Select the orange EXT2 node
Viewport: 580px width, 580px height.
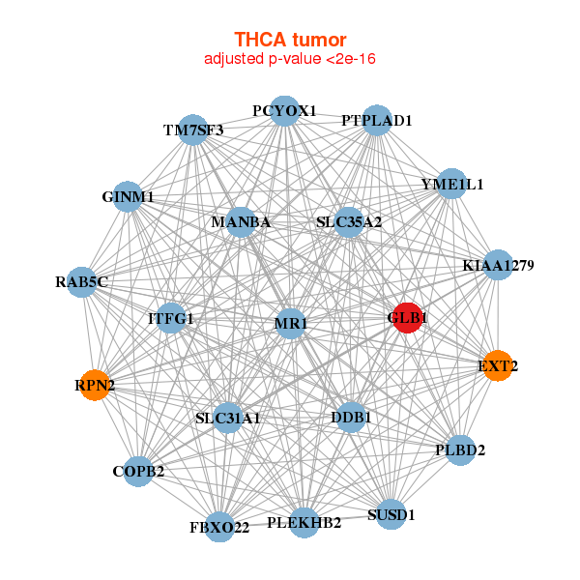(x=497, y=365)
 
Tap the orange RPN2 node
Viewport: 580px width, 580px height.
(x=95, y=386)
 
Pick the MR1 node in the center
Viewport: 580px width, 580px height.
(x=290, y=323)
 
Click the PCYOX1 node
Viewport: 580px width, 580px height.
(x=283, y=111)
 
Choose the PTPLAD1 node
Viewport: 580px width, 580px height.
(x=376, y=121)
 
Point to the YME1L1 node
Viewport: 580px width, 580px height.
(x=451, y=184)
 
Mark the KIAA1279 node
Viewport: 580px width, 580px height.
(x=497, y=265)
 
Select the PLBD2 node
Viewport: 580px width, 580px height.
(x=460, y=449)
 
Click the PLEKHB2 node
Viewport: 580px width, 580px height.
(x=304, y=523)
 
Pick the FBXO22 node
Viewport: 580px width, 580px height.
(x=220, y=527)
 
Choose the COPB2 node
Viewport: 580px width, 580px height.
(x=138, y=472)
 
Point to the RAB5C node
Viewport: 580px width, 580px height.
(x=82, y=282)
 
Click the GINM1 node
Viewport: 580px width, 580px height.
(x=129, y=197)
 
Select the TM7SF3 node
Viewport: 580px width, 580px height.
(x=193, y=130)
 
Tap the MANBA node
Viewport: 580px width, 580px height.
(x=240, y=222)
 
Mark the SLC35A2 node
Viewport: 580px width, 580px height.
(x=349, y=222)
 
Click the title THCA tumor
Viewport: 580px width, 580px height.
(x=290, y=40)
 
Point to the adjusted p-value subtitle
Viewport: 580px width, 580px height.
(x=290, y=59)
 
